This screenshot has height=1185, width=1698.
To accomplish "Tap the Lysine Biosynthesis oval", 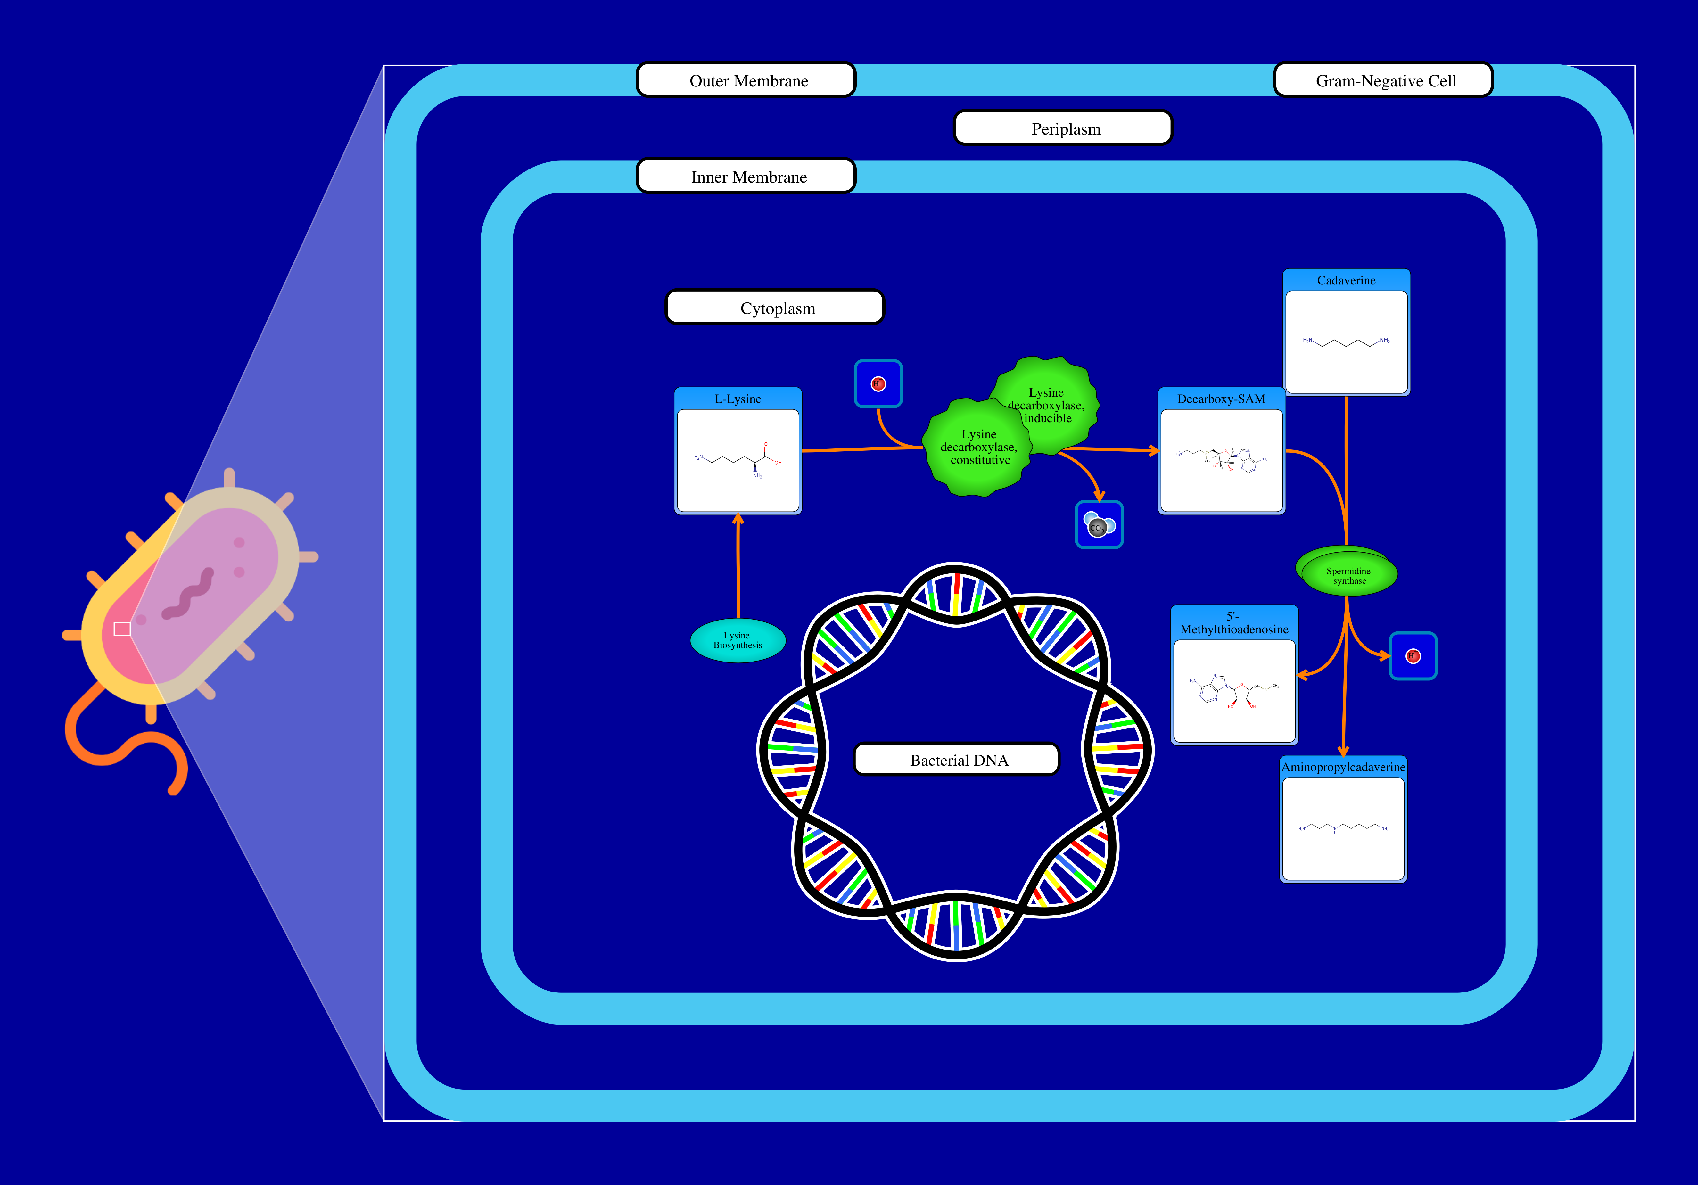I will point(737,641).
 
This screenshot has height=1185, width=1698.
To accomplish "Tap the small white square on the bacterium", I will point(122,629).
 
